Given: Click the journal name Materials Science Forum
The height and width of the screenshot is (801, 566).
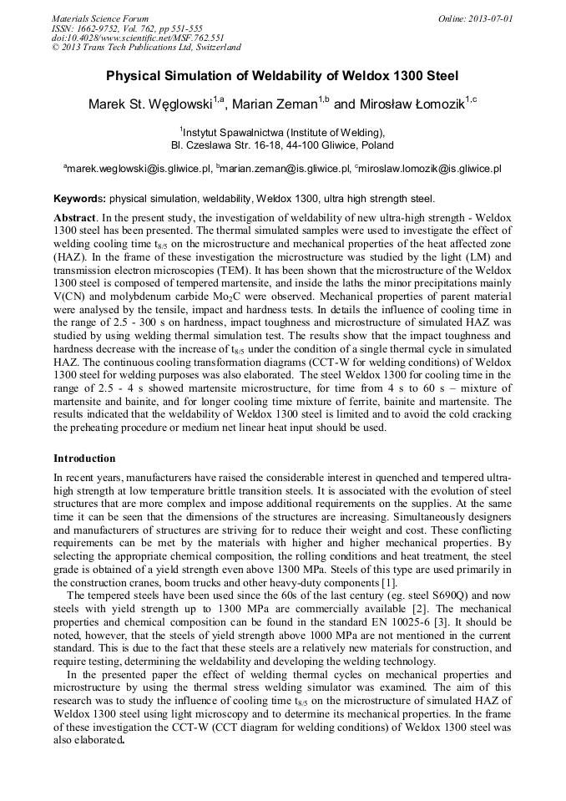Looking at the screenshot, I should (100, 18).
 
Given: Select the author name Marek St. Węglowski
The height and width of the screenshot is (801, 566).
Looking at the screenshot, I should (149, 104).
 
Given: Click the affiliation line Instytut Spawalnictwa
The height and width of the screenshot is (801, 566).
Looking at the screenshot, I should (283, 132).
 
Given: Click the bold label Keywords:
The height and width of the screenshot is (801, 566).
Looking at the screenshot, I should (79, 199).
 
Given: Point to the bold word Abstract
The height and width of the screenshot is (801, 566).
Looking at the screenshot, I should (75, 217).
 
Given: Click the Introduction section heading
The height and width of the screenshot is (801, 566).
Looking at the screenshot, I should (84, 459).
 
